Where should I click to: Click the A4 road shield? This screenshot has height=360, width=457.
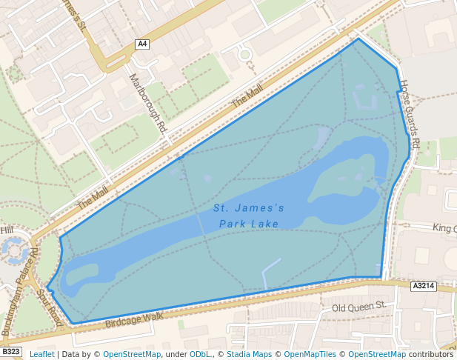tap(142, 44)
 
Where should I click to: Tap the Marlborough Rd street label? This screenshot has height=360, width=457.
tap(147, 102)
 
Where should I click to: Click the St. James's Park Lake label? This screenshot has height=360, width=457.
tap(249, 216)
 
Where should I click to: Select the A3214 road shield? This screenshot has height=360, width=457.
tap(423, 285)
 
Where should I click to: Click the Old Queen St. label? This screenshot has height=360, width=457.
tap(359, 306)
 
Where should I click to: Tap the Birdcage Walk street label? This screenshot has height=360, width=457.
tap(133, 319)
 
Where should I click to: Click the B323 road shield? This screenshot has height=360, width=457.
tap(10, 352)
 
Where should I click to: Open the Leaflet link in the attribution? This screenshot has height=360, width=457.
tap(41, 354)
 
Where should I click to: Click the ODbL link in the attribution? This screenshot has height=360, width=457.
tap(201, 354)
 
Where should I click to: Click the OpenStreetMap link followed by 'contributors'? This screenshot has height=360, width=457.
tap(377, 354)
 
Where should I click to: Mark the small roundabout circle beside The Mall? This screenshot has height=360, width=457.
tap(245, 54)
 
